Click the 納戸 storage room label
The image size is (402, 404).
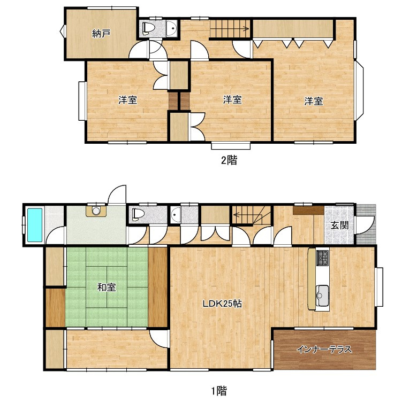click(101, 34)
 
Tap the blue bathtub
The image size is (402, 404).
click(35, 225)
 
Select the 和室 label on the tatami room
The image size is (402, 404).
click(107, 287)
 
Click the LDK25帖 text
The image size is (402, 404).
click(222, 304)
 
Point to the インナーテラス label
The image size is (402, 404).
click(324, 349)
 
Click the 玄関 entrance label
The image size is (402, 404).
click(339, 226)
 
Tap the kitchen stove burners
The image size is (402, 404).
click(323, 258)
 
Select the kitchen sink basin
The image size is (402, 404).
click(322, 296)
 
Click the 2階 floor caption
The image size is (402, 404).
click(229, 160)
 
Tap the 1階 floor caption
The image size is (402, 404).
click(219, 391)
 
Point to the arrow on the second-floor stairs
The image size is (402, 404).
click(230, 29)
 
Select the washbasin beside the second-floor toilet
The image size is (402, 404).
click(171, 28)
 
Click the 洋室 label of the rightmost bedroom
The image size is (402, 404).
click(314, 101)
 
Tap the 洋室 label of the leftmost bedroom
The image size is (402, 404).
click(128, 100)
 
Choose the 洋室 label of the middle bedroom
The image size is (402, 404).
click(232, 100)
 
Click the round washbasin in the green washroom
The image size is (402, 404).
click(96, 211)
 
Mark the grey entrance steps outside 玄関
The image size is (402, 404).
click(366, 224)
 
